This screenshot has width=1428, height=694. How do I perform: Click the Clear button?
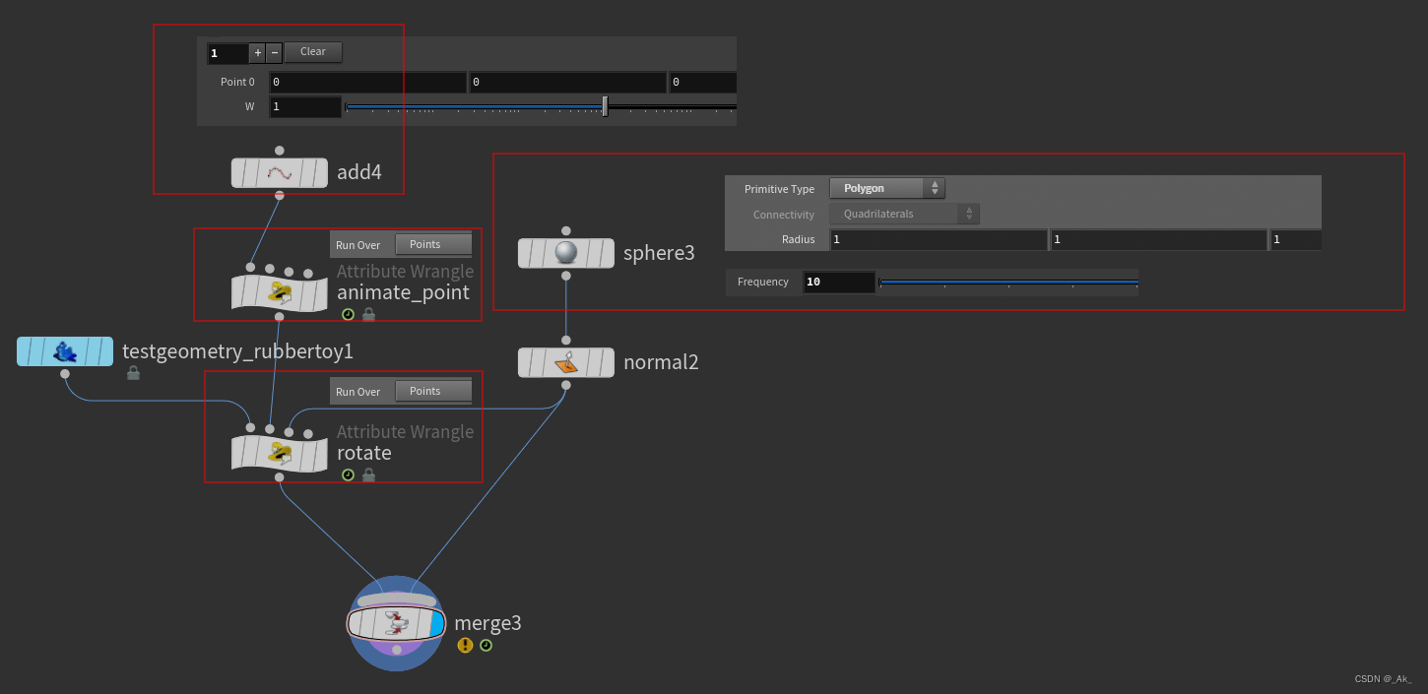click(x=313, y=52)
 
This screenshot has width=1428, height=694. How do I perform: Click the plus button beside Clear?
click(x=257, y=53)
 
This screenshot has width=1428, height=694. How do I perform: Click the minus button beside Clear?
click(x=275, y=53)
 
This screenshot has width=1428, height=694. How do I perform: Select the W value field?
click(x=305, y=106)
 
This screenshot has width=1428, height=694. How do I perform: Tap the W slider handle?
click(x=605, y=106)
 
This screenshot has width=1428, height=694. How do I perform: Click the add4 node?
click(x=280, y=173)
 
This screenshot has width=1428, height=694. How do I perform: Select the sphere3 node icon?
click(x=565, y=253)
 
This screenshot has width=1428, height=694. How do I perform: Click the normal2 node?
click(x=565, y=362)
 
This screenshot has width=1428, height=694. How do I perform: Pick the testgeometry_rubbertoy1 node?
click(x=65, y=351)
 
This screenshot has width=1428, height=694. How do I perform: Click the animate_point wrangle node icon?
click(x=280, y=292)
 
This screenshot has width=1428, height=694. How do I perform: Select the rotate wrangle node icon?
click(x=280, y=454)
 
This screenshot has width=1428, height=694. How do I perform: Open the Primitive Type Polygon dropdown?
click(x=886, y=188)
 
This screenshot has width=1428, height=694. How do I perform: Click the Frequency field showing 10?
click(x=838, y=283)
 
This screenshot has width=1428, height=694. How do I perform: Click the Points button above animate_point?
click(x=432, y=244)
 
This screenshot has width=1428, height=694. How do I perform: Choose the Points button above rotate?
click(x=432, y=391)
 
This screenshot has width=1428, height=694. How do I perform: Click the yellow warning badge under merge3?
click(x=465, y=646)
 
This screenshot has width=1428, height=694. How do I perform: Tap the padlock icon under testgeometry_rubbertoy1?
click(x=133, y=373)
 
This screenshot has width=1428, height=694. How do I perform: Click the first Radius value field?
click(x=938, y=239)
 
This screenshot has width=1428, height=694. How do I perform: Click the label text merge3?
click(x=487, y=623)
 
